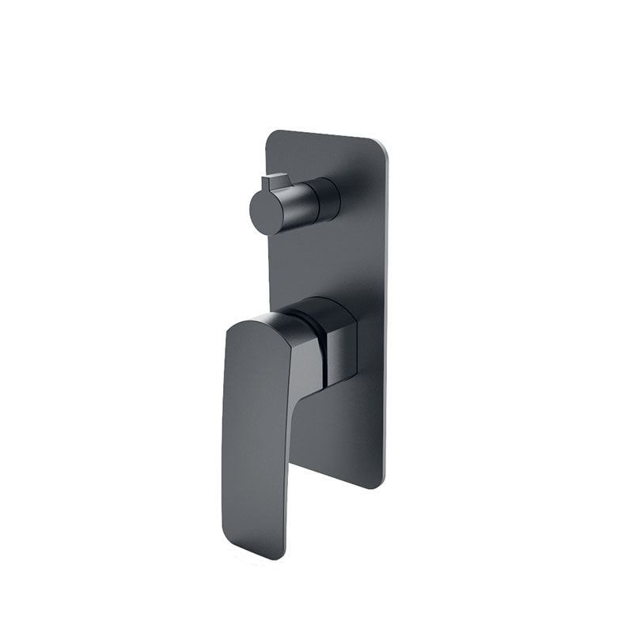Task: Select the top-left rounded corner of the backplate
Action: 271,137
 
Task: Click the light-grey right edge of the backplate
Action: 387,316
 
